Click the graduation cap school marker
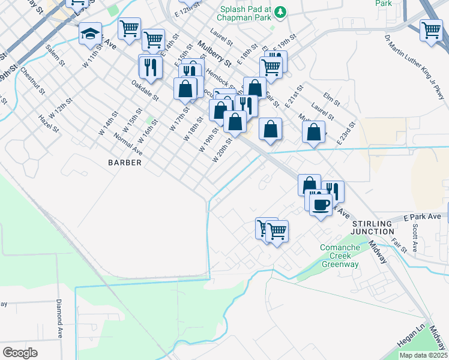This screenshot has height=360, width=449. pos(90,33)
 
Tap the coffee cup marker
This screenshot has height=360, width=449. pos(322,204)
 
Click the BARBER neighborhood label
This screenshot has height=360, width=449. pos(125,163)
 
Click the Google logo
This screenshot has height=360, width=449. pos(20,352)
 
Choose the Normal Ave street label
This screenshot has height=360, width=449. pos(128,143)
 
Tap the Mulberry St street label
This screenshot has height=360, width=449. pos(214,53)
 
